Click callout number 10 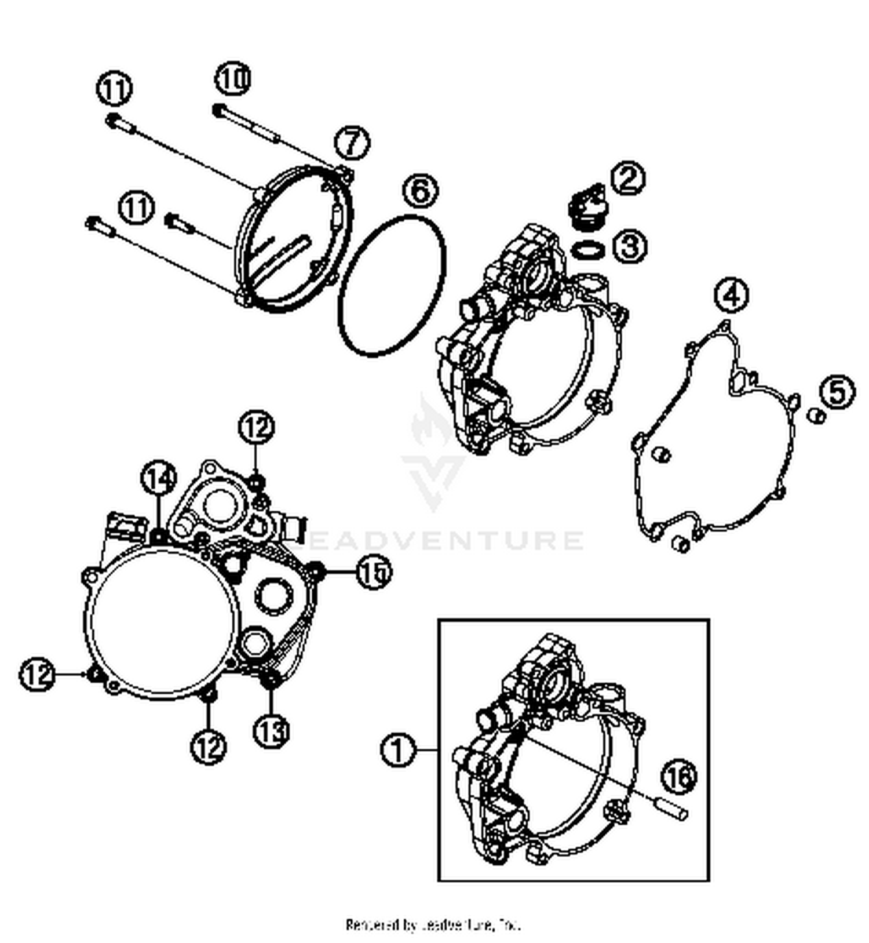pyautogui.click(x=233, y=79)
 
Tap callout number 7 pyautogui.click(x=352, y=143)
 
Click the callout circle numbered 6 pyautogui.click(x=421, y=191)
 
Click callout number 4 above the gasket pyautogui.click(x=731, y=295)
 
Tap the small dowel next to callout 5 pyautogui.click(x=817, y=416)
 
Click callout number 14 pyautogui.click(x=159, y=479)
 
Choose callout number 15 pyautogui.click(x=374, y=572)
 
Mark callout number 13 pyautogui.click(x=271, y=730)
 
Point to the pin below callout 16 pyautogui.click(x=674, y=809)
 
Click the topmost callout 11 pyautogui.click(x=114, y=89)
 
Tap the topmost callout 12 pyautogui.click(x=256, y=427)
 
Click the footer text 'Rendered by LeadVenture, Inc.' pyautogui.click(x=433, y=924)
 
